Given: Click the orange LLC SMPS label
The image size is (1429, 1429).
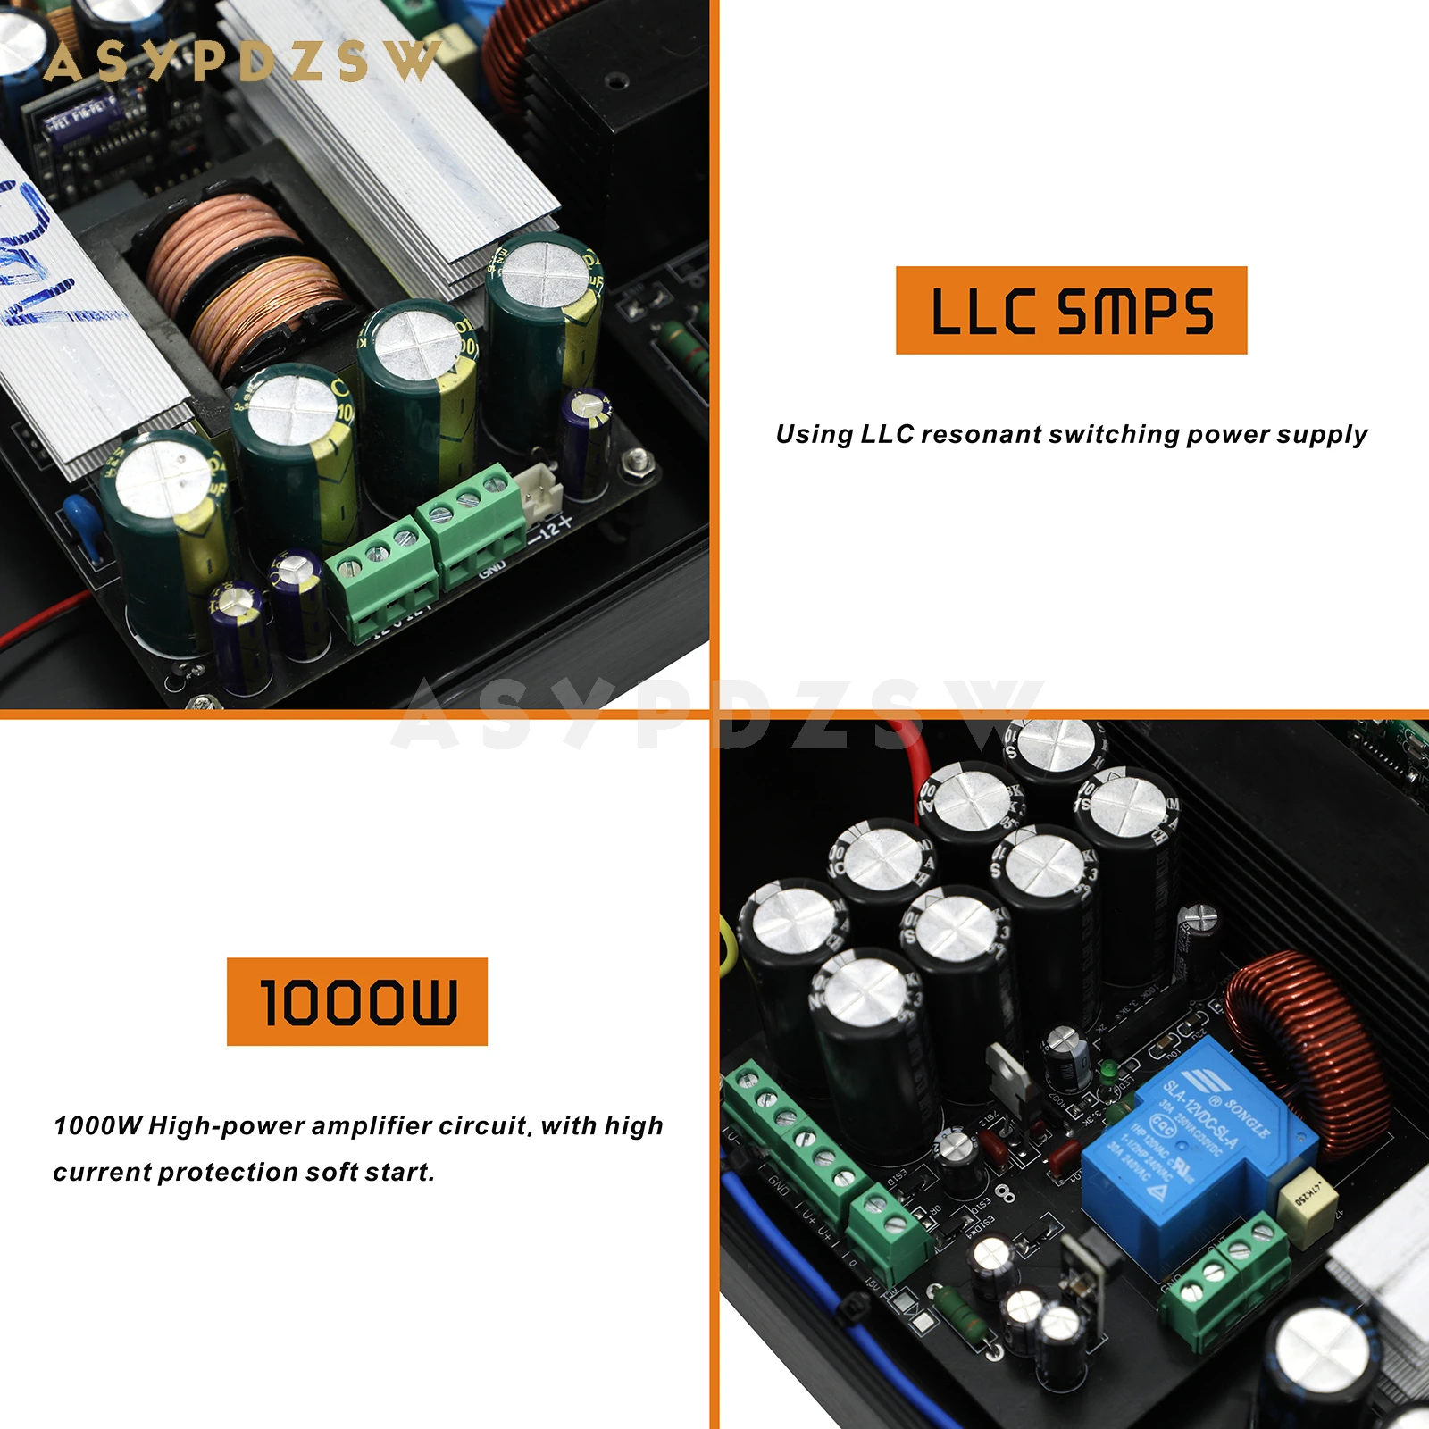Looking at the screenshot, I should tap(1071, 310).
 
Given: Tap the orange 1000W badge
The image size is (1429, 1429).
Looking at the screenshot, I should tap(357, 1001).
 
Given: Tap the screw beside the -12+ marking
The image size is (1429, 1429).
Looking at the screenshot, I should tap(635, 461).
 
